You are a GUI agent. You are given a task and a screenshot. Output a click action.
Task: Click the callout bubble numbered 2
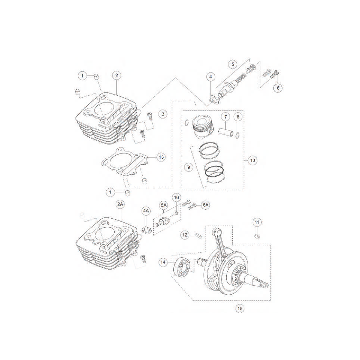point(117,75)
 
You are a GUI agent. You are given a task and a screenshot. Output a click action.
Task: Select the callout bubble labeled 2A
point(120,205)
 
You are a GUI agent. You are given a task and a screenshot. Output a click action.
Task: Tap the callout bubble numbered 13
point(161,157)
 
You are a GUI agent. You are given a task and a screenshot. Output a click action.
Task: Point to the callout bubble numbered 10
point(253,160)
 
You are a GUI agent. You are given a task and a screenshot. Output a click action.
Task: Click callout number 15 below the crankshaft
point(240,308)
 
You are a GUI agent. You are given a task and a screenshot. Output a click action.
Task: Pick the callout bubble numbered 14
point(163,262)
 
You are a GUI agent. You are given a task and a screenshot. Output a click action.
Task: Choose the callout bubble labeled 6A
point(205,205)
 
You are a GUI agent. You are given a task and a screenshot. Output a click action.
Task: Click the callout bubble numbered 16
point(176,198)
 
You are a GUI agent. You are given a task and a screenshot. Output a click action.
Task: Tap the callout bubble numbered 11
point(257,222)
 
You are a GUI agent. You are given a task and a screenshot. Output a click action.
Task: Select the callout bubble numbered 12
point(185,235)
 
